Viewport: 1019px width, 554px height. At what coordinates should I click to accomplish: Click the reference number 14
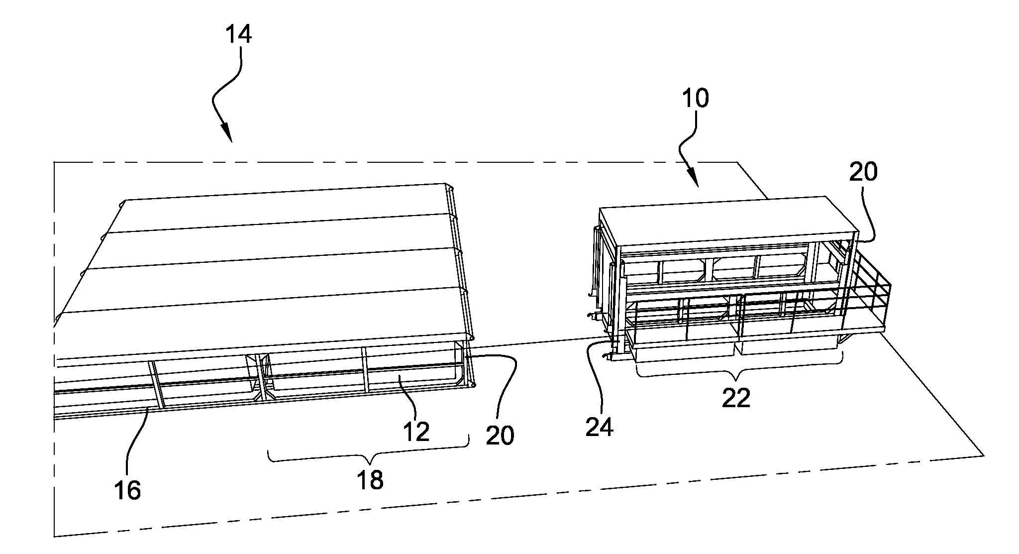238,35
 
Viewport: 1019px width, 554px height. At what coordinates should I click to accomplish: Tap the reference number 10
695,98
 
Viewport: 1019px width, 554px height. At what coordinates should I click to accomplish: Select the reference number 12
416,432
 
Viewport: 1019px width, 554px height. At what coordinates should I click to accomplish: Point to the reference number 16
127,490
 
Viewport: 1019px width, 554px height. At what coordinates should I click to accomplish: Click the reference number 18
370,480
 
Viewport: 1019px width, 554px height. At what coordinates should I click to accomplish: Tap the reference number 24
599,427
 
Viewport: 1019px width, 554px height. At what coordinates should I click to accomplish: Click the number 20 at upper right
863,172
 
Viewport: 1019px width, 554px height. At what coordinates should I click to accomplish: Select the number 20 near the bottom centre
500,436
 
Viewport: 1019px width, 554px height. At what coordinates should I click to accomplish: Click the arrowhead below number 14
227,134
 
